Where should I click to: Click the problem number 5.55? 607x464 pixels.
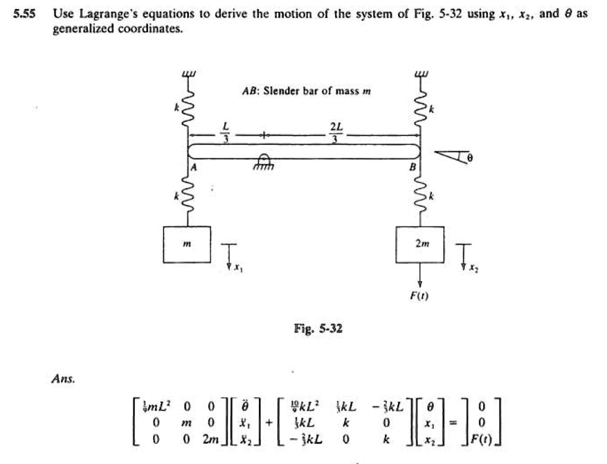click(x=26, y=13)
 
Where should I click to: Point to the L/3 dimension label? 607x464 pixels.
click(x=224, y=130)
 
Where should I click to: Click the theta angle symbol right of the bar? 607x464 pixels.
click(x=470, y=159)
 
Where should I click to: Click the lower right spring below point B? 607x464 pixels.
click(x=419, y=197)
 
